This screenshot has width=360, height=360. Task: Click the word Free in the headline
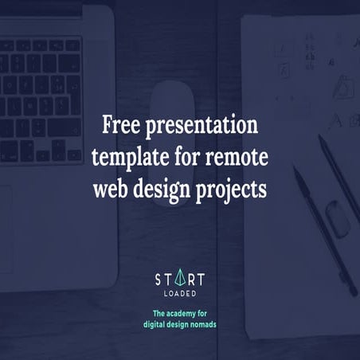pos(121,125)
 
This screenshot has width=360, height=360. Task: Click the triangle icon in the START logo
pos(179,278)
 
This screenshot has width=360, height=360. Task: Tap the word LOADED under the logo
pos(179,292)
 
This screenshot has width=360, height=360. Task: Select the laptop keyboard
pos(44,96)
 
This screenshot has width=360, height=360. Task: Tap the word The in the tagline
pos(153,314)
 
